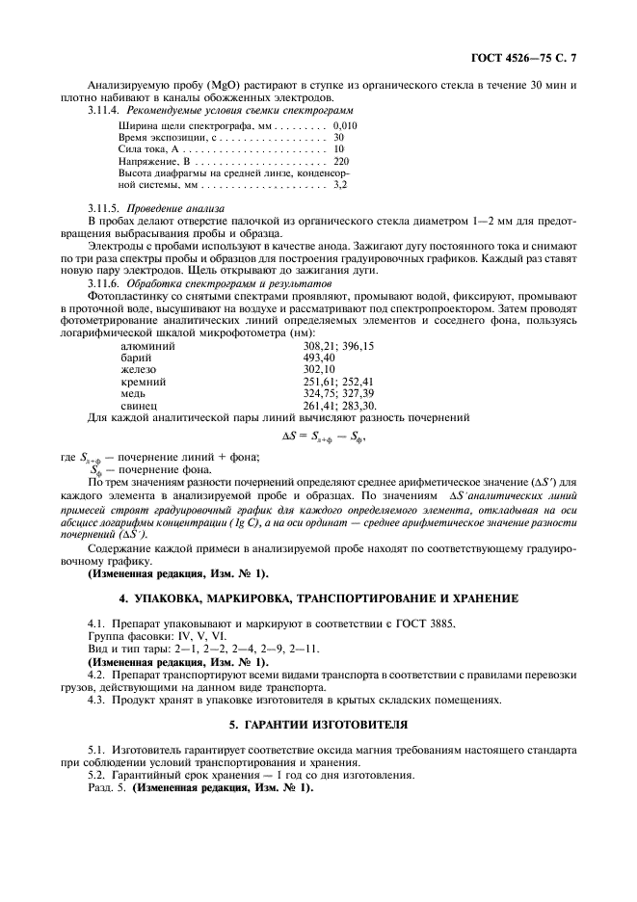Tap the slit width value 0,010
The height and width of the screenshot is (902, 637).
coord(345,125)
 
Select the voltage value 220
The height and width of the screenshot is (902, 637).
coord(340,160)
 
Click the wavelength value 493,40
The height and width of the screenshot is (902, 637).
coord(319,357)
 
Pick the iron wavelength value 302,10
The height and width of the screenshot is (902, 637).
coord(319,369)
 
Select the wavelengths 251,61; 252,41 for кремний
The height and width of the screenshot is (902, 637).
coord(338,382)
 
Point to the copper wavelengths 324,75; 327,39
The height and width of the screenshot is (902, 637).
coord(338,393)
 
